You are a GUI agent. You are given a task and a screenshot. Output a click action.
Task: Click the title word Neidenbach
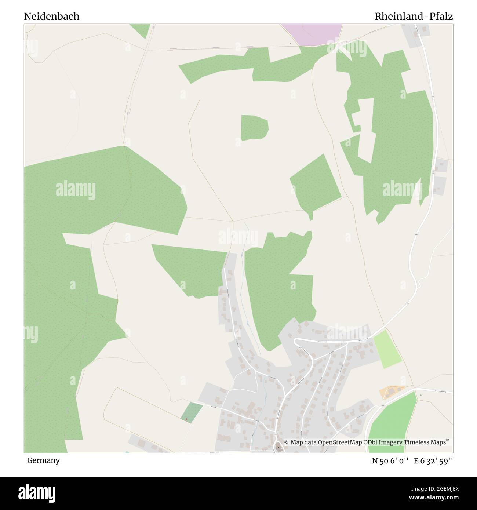click(52, 17)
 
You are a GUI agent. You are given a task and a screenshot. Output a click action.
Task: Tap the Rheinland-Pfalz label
click(414, 17)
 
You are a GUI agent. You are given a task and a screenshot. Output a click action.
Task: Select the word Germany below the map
click(43, 460)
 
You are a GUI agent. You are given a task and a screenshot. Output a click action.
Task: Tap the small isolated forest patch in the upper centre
click(254, 128)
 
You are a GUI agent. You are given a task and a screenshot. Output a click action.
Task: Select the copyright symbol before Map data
click(287, 442)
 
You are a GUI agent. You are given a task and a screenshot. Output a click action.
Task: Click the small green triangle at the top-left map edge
click(141, 30)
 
